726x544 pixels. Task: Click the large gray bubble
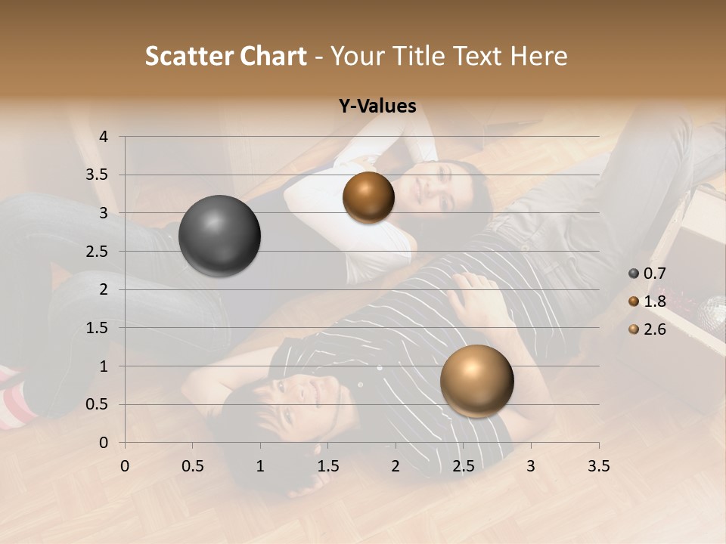[220, 236]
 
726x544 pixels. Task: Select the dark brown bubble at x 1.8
[368, 197]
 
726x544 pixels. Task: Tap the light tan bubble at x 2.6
[476, 381]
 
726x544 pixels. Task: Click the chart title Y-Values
[377, 107]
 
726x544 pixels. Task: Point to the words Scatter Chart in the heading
[225, 56]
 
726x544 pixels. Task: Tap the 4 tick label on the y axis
[104, 137]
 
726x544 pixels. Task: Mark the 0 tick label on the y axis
[104, 443]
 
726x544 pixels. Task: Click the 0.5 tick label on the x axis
[192, 466]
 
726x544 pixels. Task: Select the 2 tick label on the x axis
[396, 466]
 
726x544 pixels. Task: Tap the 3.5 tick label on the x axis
[598, 466]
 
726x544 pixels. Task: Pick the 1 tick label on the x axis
[260, 466]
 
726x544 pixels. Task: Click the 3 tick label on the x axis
[531, 466]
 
